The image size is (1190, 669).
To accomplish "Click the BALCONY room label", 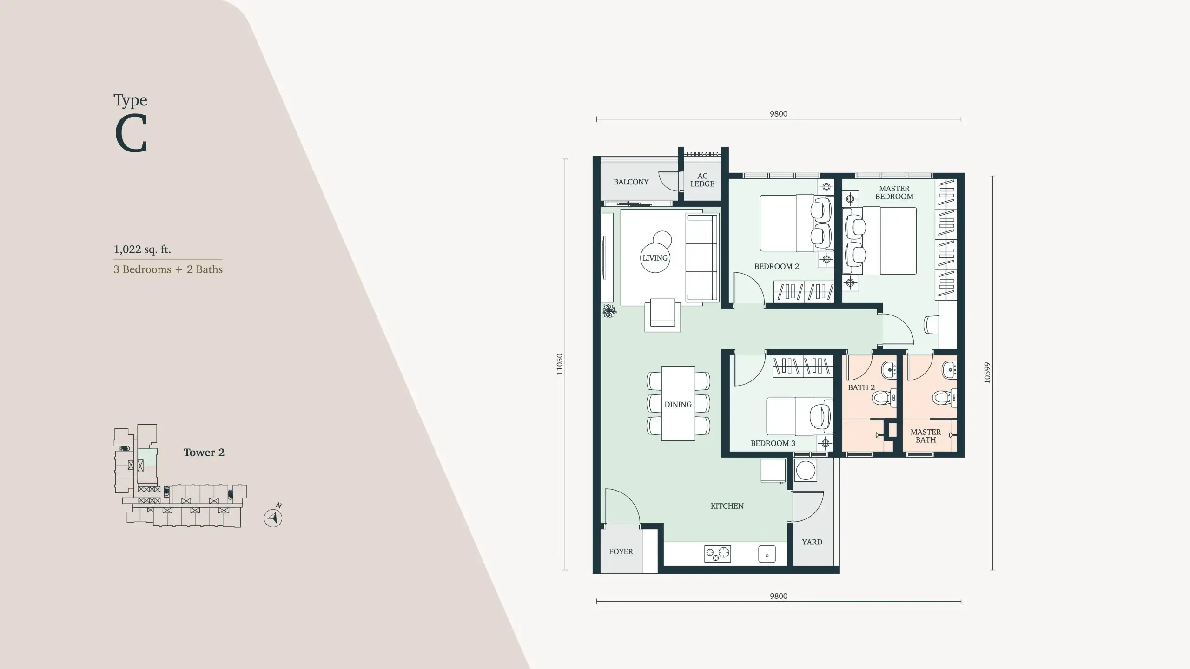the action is (631, 182).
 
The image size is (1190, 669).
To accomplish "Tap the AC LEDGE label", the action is (702, 180).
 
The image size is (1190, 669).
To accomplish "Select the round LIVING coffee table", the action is (655, 258).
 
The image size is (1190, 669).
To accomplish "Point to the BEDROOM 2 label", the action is (776, 266).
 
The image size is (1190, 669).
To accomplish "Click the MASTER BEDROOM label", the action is (894, 192).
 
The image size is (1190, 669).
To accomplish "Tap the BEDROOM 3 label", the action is (773, 443).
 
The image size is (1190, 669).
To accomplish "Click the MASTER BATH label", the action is (926, 436).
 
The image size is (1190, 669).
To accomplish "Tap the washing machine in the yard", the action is (806, 471).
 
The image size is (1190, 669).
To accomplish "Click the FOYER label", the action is (621, 551).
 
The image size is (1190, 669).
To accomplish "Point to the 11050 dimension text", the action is (559, 364).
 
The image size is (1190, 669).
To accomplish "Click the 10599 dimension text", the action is (987, 373).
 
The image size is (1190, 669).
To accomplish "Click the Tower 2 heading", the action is (204, 453).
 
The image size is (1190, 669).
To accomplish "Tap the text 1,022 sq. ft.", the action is (142, 249).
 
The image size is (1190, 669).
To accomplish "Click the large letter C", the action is (131, 134).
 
